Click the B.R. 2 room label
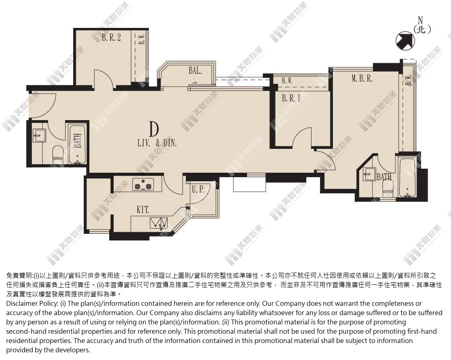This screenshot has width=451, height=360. click(x=111, y=37)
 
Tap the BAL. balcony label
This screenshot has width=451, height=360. click(x=195, y=70)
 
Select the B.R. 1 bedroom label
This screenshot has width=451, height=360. click(x=291, y=98)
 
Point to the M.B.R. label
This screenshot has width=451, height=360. click(x=362, y=78)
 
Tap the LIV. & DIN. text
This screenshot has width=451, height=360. click(x=157, y=143)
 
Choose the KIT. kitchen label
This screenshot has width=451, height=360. click(x=143, y=210)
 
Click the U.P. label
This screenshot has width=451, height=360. click(x=198, y=189)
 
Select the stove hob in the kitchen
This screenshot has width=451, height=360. click(x=143, y=184)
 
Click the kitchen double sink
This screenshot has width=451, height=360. click(x=159, y=223)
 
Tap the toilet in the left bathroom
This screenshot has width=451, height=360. click(x=57, y=155)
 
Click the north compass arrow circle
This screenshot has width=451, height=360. click(x=405, y=41)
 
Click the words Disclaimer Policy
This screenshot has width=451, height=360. click(x=32, y=303)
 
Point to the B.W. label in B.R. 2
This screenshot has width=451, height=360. click(x=141, y=38)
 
